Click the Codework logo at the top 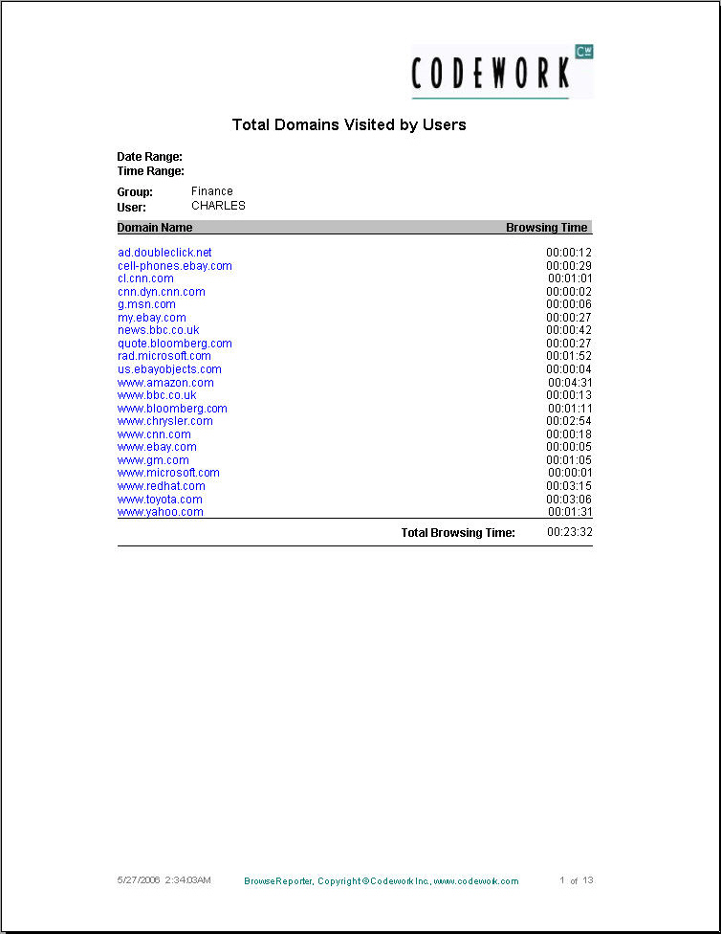[x=502, y=72]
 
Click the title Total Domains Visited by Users [x=349, y=124]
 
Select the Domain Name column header [x=155, y=228]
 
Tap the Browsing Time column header [x=546, y=228]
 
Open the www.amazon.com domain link [x=165, y=383]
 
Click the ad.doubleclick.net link [x=164, y=253]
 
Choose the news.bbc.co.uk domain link [x=159, y=330]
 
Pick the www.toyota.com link [x=160, y=500]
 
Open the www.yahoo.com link [x=161, y=512]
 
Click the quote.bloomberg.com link [x=175, y=344]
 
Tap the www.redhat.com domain [x=162, y=486]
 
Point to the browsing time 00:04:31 [x=569, y=383]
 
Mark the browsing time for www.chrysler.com [x=569, y=421]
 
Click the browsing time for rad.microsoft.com [x=569, y=356]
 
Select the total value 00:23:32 [x=569, y=532]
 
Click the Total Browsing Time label [x=458, y=532]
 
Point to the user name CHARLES [x=218, y=206]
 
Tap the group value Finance [x=211, y=191]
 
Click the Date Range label [x=149, y=157]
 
